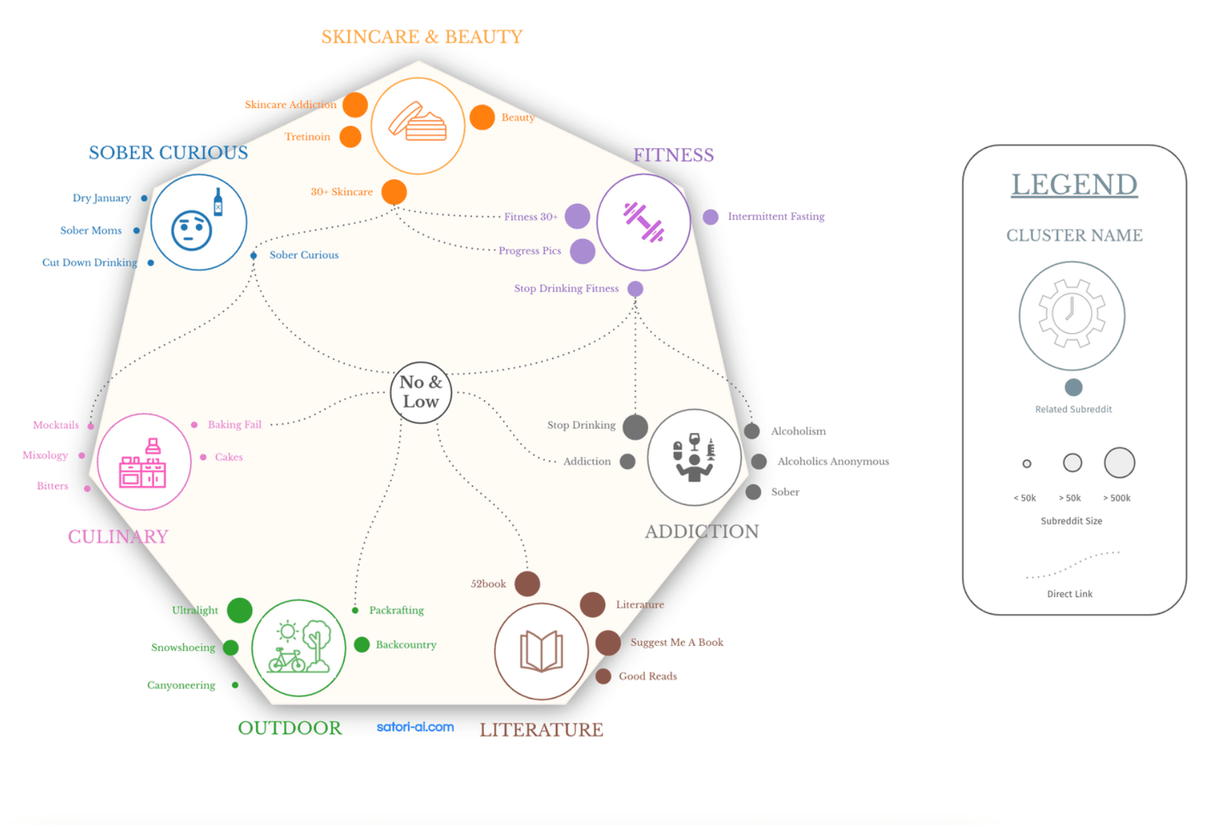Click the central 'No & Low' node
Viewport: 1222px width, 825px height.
[421, 392]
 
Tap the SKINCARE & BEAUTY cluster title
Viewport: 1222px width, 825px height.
[421, 37]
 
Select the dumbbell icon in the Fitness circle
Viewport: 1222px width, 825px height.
[643, 222]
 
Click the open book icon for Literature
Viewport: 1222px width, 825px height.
[541, 650]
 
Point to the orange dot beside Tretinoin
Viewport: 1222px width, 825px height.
[350, 137]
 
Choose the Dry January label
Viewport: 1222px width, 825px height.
[101, 198]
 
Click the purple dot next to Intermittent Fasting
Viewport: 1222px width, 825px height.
[710, 216]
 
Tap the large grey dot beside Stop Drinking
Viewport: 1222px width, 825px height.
[635, 427]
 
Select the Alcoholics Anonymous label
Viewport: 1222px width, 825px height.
[833, 461]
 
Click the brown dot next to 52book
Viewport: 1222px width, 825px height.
[527, 584]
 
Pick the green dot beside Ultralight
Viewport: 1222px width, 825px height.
[240, 610]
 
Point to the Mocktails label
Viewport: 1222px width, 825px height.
[56, 425]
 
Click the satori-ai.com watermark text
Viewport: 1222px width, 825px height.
[415, 727]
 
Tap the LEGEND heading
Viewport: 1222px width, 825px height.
[1074, 185]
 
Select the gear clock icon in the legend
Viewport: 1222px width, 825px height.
[1071, 314]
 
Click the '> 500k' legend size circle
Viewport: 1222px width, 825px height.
[1119, 463]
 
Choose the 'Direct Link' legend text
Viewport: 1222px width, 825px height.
[1070, 594]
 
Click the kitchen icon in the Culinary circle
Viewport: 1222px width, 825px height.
[143, 463]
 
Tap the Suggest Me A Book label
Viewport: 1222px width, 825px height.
[677, 642]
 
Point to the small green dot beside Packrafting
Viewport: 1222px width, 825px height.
[355, 611]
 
